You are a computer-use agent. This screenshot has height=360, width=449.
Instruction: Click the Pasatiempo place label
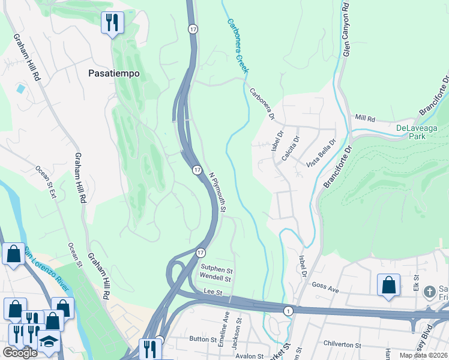(113, 73)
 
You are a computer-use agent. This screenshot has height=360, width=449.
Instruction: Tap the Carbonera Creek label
(238, 46)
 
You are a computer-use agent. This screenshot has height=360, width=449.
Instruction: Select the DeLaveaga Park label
(419, 132)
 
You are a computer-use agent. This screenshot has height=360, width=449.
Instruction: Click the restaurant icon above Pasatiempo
(112, 23)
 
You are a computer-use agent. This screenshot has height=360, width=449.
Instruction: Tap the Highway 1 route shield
(288, 310)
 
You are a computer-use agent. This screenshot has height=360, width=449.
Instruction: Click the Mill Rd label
(364, 118)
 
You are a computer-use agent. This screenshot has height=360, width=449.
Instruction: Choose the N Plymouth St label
(217, 191)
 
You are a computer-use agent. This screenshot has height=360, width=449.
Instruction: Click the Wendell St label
(215, 278)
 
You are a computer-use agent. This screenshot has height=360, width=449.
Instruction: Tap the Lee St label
(213, 292)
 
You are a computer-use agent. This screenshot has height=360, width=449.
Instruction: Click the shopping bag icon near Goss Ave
(388, 284)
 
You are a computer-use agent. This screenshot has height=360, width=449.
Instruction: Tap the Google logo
(20, 353)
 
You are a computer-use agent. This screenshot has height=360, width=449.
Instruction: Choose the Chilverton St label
(340, 346)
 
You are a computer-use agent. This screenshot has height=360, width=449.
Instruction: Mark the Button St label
(202, 339)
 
